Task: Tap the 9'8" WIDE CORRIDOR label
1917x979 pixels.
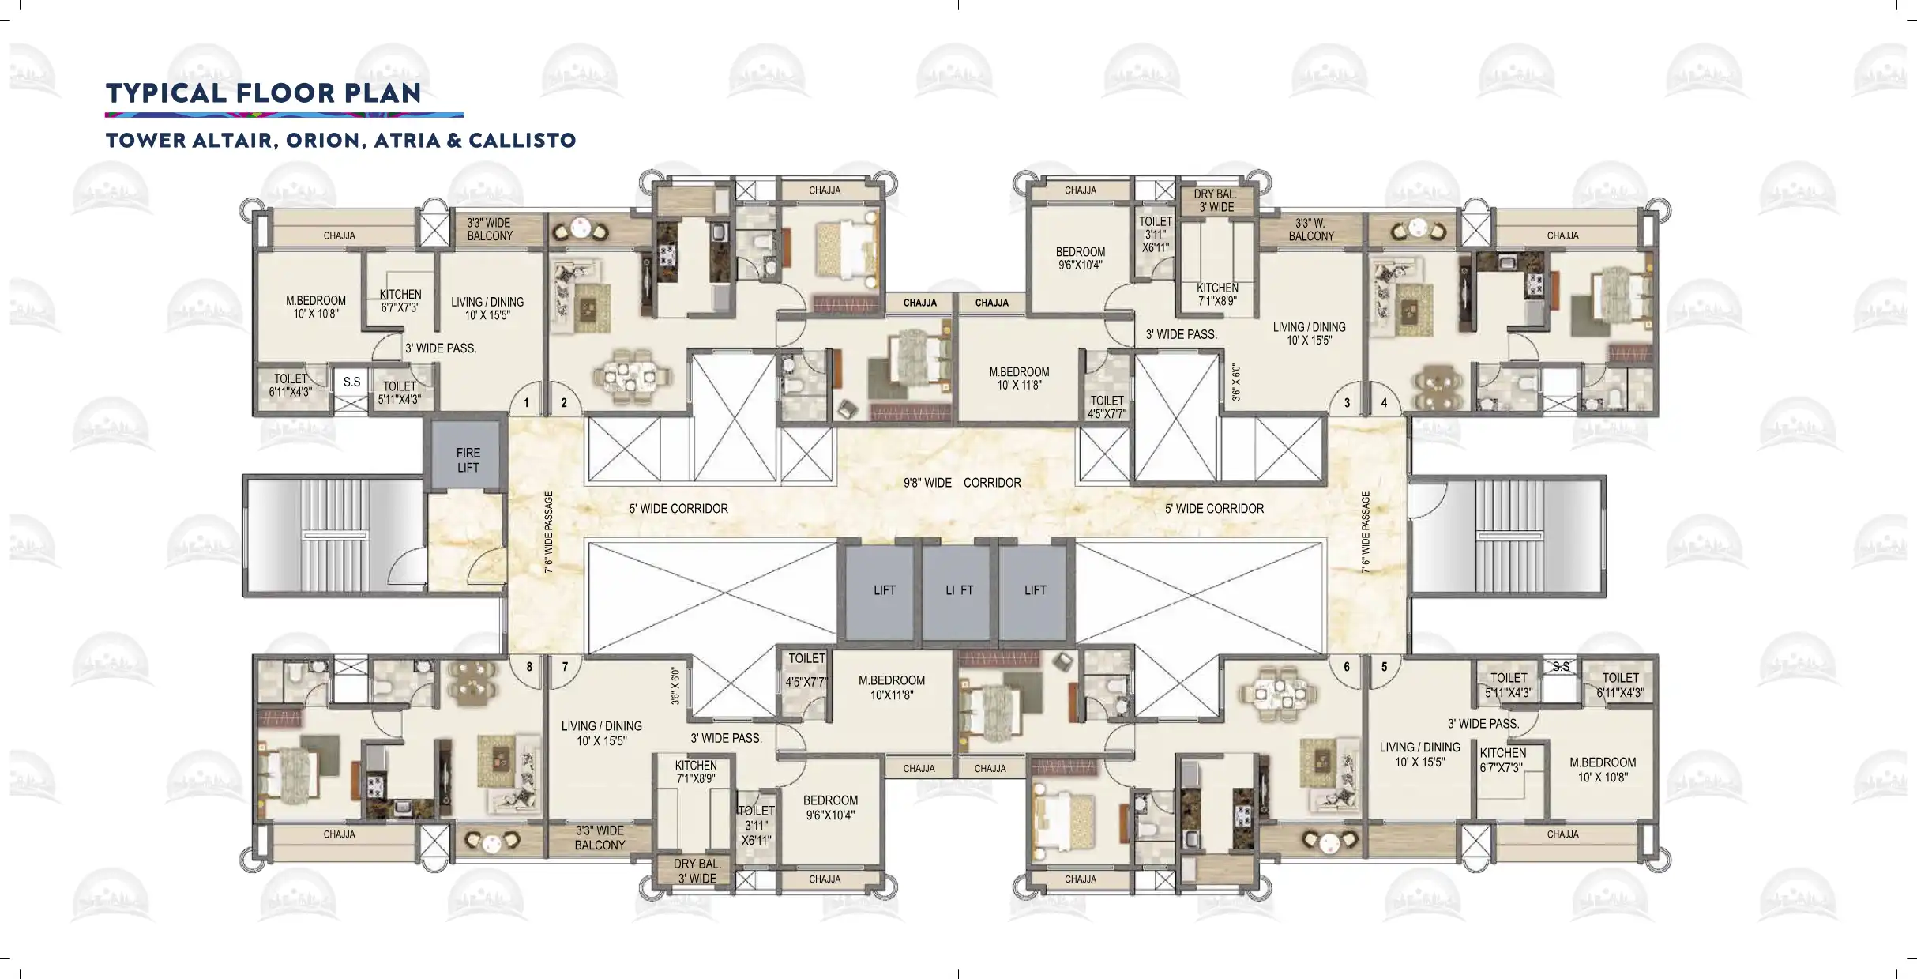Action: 962,483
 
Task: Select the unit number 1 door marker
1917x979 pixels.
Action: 526,403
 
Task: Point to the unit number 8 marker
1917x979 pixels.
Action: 529,667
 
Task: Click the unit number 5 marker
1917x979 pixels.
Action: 1385,667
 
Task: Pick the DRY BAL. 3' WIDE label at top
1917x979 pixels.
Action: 1216,201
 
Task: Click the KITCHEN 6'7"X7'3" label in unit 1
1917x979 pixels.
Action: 400,301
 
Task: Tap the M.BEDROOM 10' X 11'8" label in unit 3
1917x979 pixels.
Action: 1019,378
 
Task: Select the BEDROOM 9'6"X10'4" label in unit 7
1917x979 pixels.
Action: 830,808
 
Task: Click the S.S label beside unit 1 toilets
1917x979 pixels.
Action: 351,382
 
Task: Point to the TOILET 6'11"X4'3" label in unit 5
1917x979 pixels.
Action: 1620,685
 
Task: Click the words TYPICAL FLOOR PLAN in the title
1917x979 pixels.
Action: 264,92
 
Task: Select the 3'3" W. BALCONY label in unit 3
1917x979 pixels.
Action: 1311,230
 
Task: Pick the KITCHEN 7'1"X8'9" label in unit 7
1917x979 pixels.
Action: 696,772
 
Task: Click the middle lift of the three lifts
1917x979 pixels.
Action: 960,590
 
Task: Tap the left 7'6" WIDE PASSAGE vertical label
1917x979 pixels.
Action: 549,532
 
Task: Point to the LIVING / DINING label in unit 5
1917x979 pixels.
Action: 1419,747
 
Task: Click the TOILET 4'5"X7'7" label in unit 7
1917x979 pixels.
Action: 806,670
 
